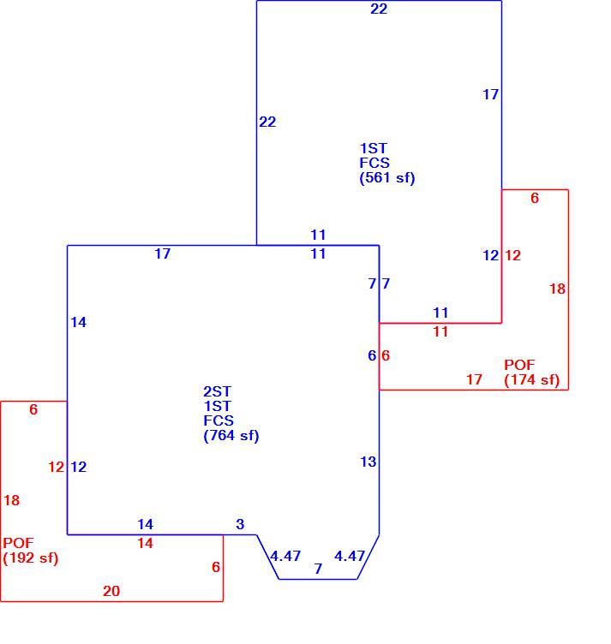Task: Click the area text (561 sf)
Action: [x=387, y=178]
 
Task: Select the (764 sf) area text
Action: [x=231, y=435]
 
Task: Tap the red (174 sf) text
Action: [x=531, y=380]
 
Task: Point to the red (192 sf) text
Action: [x=30, y=558]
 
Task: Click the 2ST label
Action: [x=218, y=391]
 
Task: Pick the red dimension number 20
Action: [x=111, y=591]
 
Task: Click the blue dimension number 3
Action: [x=241, y=524]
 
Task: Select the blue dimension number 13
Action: [x=368, y=462]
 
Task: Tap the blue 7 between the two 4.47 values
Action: [x=318, y=569]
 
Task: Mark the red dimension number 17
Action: [x=474, y=379]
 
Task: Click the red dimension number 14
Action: [x=146, y=543]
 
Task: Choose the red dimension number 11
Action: [x=440, y=332]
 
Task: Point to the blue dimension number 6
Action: [x=372, y=355]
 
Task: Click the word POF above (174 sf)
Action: [x=519, y=365]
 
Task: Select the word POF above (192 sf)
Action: [x=19, y=543]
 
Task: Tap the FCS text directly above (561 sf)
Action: [x=374, y=163]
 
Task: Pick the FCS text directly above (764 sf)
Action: [x=219, y=420]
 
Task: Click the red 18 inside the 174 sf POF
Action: [x=558, y=289]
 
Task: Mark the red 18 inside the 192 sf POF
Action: [x=12, y=500]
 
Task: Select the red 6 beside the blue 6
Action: [x=386, y=355]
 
